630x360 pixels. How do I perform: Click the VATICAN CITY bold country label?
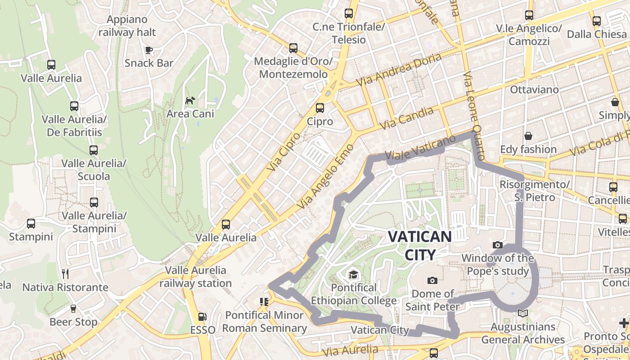coord(419,246)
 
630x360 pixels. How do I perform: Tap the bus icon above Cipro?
coord(319,108)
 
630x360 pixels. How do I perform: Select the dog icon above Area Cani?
coord(190,100)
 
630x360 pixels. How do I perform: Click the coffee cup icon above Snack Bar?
coord(148,50)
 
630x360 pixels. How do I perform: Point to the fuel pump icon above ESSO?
coord(202,317)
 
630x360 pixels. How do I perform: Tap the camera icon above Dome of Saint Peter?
coord(432,281)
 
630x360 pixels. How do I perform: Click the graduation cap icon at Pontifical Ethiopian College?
coord(353,274)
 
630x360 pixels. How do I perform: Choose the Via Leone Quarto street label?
coord(474,116)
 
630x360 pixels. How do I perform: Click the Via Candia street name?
coord(407,118)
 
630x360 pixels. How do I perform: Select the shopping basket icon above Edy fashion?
coord(528,136)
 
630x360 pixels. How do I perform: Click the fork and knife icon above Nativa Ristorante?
coord(65,274)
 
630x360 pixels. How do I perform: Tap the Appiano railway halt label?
coord(127,26)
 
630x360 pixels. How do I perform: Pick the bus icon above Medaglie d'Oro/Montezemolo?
coord(293,48)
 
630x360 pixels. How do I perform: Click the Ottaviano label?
coord(534,90)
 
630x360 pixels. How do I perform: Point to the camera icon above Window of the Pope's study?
coord(497,245)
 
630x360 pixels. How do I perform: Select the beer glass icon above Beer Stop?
coord(73,309)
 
